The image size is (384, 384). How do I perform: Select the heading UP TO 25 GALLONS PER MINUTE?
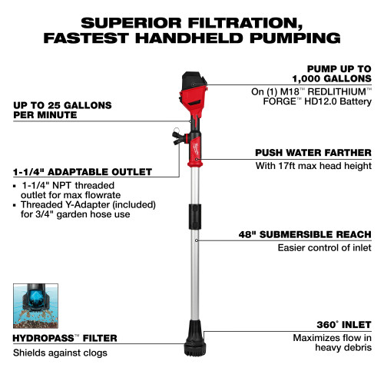(61, 109)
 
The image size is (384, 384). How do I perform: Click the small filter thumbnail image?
(34, 306)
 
